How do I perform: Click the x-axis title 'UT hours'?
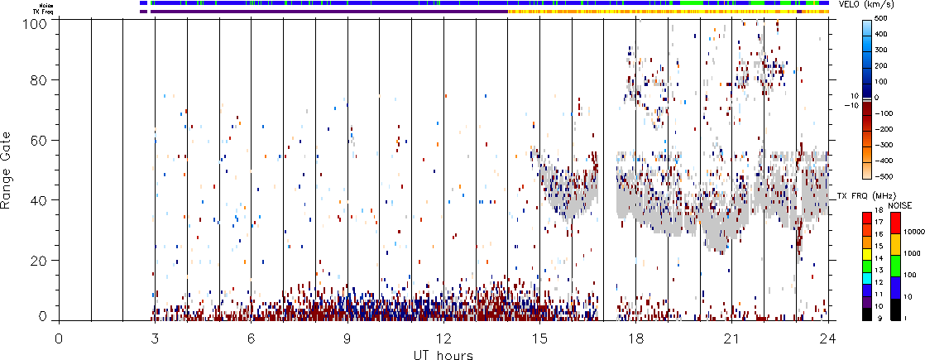coord(443,354)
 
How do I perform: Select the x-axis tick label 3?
coord(155,338)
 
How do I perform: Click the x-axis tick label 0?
coord(59,338)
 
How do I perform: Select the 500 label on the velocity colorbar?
coord(880,18)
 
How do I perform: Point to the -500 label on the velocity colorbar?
coord(882,175)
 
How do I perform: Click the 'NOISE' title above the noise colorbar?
coord(900,204)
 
